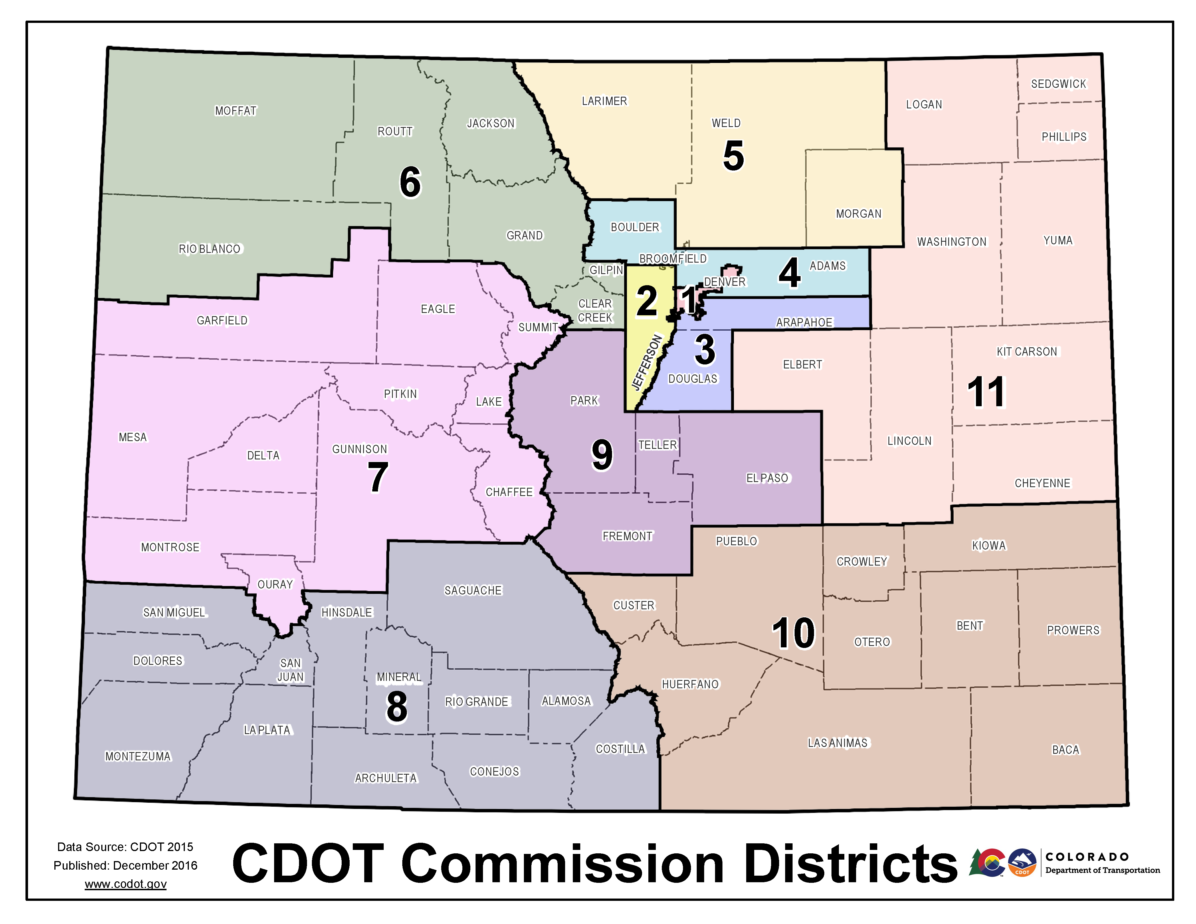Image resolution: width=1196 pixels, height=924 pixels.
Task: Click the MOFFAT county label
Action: (235, 111)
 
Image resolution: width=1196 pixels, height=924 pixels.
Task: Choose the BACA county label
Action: (1065, 750)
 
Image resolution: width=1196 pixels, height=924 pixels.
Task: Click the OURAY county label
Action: (275, 585)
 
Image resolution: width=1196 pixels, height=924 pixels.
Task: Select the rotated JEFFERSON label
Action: (647, 362)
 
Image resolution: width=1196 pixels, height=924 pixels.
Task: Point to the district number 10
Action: (793, 633)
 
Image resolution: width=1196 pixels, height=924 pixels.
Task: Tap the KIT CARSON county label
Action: (1027, 352)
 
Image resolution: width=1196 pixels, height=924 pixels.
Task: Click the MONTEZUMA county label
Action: (138, 756)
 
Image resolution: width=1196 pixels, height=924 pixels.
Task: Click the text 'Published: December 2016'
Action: (125, 865)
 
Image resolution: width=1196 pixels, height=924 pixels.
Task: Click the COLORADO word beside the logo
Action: (1087, 857)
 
